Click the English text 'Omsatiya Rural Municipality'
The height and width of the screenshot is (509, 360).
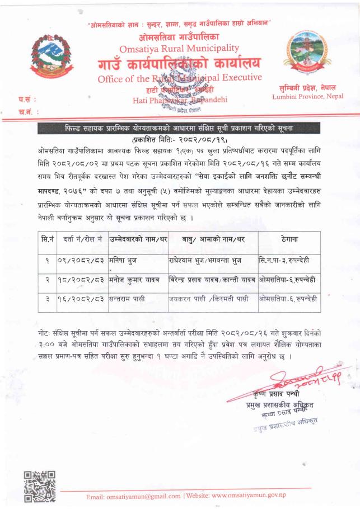[x=179, y=49]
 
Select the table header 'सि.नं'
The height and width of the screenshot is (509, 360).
[x=48, y=239]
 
